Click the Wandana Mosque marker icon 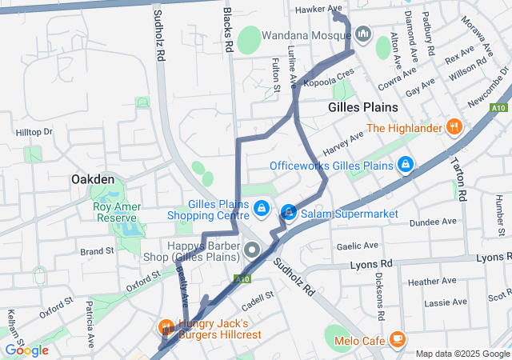[x=364, y=34]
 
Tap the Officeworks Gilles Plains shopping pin [x=406, y=165]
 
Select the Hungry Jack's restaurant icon [x=166, y=326]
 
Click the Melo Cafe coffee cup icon [x=397, y=339]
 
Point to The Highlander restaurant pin [x=454, y=127]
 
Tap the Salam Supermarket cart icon [x=289, y=213]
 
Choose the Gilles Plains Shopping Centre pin [x=261, y=208]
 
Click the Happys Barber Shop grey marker [x=254, y=250]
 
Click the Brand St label [x=97, y=251]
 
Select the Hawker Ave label [x=313, y=10]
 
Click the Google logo [x=26, y=350]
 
